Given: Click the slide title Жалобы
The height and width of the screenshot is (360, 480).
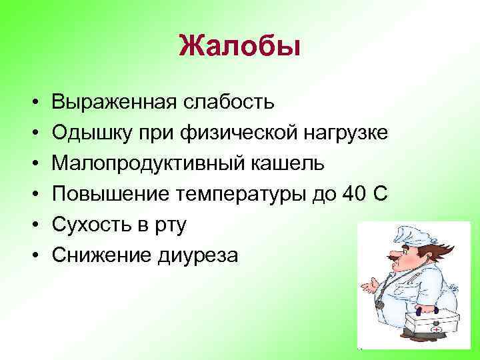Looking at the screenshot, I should click(240, 47).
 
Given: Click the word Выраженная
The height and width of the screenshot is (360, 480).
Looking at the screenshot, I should click(113, 101).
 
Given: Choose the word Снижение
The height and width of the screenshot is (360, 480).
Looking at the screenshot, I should click(97, 255).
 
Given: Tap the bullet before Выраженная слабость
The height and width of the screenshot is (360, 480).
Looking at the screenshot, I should click(33, 102).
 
